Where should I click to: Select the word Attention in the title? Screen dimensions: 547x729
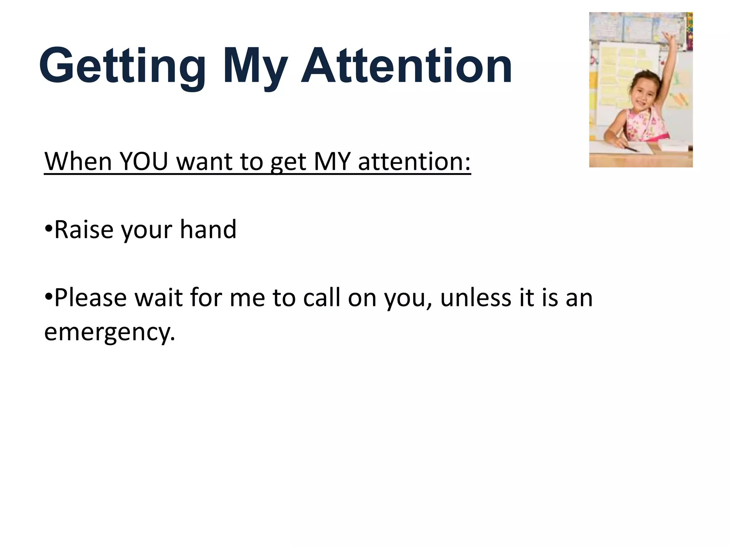coord(406,66)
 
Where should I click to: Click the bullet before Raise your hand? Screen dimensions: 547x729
coord(49,228)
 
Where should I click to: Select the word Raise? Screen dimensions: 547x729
coord(84,229)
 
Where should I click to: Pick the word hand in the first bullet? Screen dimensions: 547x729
coord(208,229)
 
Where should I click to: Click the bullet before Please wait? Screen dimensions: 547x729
coord(49,296)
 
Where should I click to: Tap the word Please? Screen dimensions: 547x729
coord(90,298)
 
